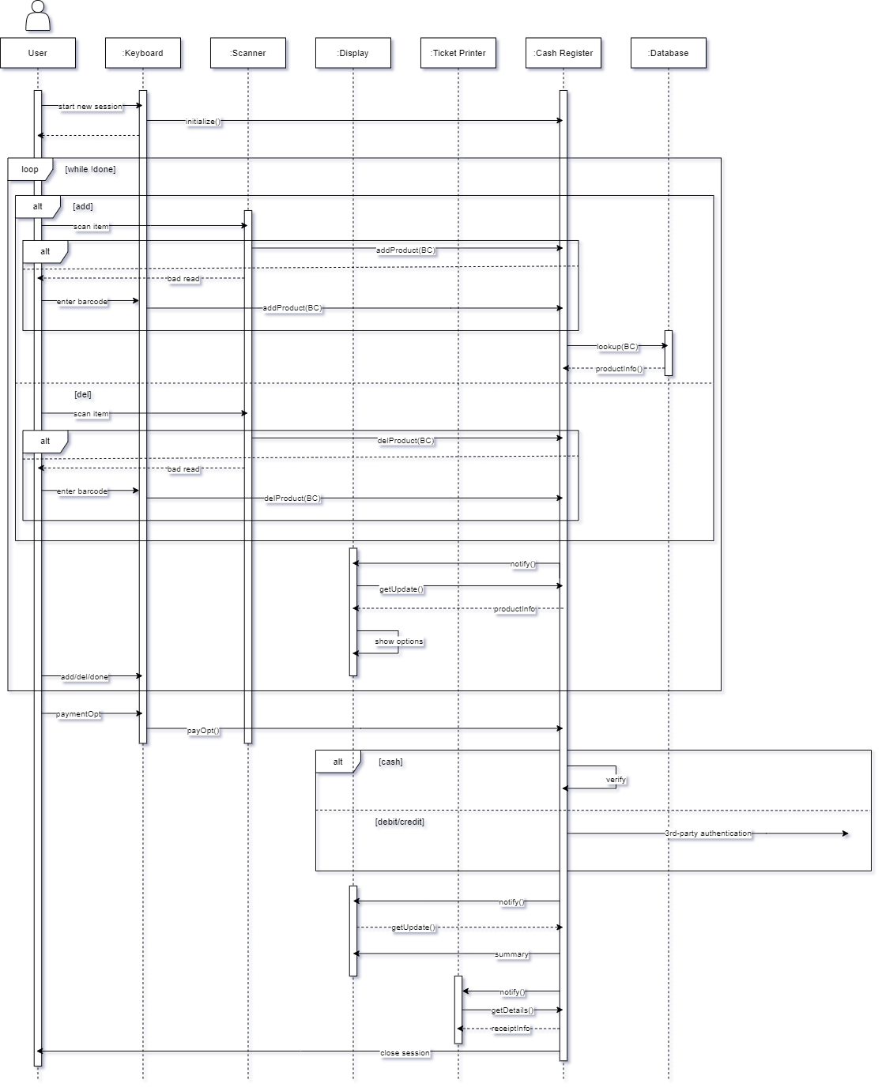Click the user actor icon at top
[x=38, y=16]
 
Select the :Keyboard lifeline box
[x=143, y=53]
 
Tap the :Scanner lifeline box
[x=248, y=53]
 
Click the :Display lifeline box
[x=353, y=53]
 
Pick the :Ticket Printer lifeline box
[x=458, y=53]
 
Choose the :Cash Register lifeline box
[x=563, y=53]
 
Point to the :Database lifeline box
[x=669, y=53]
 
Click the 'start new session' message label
[x=90, y=107]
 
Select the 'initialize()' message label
[x=203, y=122]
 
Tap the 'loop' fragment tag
[x=30, y=169]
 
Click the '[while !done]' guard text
[x=90, y=169]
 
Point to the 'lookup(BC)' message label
[x=617, y=347]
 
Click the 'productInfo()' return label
[x=619, y=369]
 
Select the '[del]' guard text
[x=83, y=394]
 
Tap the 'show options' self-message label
[x=398, y=641]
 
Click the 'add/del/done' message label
[x=85, y=677]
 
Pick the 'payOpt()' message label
[x=203, y=731]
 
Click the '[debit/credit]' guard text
[x=399, y=822]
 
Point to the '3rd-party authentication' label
[x=708, y=833]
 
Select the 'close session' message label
[x=405, y=1053]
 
